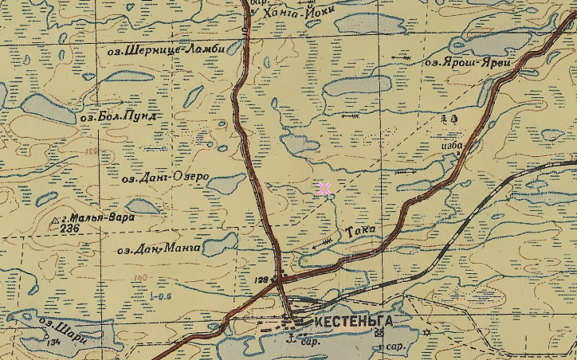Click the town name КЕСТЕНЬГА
tap(354, 321)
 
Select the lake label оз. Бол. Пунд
tap(119, 117)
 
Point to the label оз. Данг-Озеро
tap(165, 177)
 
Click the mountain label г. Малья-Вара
tap(98, 217)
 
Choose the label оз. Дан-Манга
tap(158, 249)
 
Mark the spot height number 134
tap(53, 342)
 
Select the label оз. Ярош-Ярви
tap(465, 61)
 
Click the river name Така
tap(361, 231)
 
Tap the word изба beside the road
tap(451, 146)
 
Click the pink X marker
tap(324, 189)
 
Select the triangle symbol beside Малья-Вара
tap(56, 219)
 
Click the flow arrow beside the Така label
tap(323, 243)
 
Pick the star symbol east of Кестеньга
tap(426, 332)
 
